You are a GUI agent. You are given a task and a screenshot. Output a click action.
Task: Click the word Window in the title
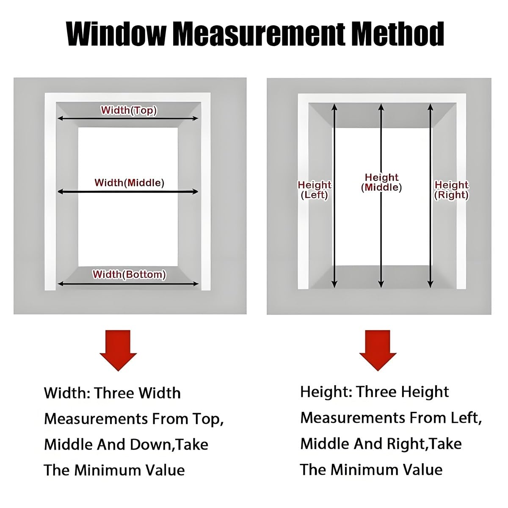(116, 35)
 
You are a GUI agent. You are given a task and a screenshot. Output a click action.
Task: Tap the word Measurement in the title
(260, 35)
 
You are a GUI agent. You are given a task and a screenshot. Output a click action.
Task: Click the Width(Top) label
(129, 110)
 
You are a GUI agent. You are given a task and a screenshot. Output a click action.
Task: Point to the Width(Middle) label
(129, 182)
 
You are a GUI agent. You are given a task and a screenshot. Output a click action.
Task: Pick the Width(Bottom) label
(129, 274)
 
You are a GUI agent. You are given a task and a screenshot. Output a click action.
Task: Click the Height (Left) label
(315, 190)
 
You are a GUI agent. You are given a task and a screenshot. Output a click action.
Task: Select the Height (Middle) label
(381, 182)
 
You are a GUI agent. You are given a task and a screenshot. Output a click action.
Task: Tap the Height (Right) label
(452, 190)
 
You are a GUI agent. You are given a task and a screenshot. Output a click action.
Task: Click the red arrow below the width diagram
(118, 351)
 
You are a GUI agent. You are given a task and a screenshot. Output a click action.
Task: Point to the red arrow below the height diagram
(378, 351)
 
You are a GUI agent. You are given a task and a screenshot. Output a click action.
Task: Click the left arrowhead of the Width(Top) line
(60, 119)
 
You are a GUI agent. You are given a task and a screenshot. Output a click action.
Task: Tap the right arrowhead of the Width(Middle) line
(196, 192)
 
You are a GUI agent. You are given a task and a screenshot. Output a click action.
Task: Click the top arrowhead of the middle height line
(381, 107)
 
